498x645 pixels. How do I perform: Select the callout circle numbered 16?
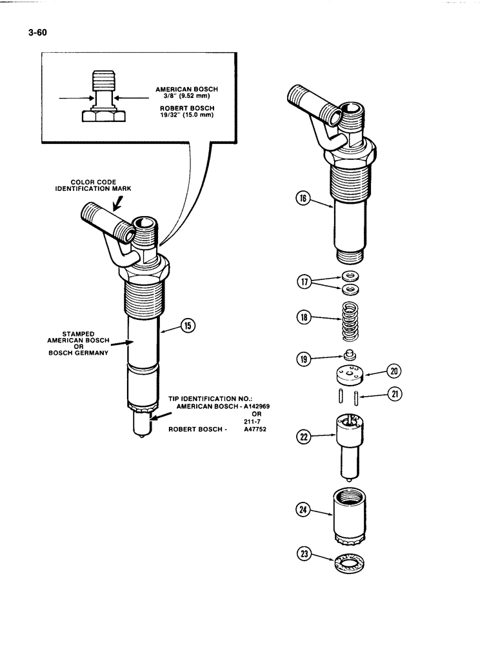301,200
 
